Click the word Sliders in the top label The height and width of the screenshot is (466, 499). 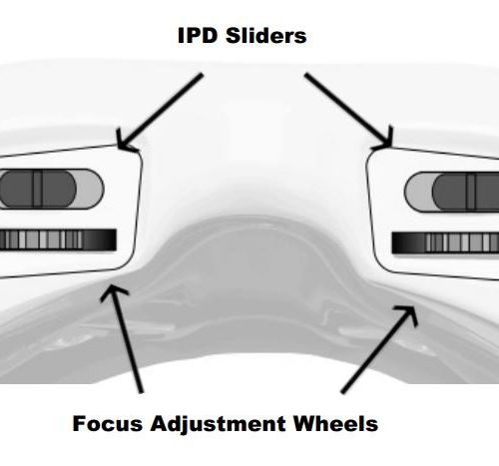(266, 35)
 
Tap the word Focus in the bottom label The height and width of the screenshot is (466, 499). (108, 423)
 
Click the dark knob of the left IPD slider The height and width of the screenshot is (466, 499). (38, 189)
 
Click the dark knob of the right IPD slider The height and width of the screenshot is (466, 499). (466, 193)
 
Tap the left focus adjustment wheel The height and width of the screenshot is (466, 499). (58, 239)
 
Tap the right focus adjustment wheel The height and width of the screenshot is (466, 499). (445, 242)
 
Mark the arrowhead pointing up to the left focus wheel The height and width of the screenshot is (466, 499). (113, 291)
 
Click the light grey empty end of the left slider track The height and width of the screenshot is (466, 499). (91, 189)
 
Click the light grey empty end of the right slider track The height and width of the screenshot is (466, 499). (419, 192)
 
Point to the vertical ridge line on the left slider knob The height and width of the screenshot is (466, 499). (38, 189)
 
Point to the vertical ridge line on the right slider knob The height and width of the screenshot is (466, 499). (471, 193)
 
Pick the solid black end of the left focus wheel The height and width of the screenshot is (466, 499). (100, 239)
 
